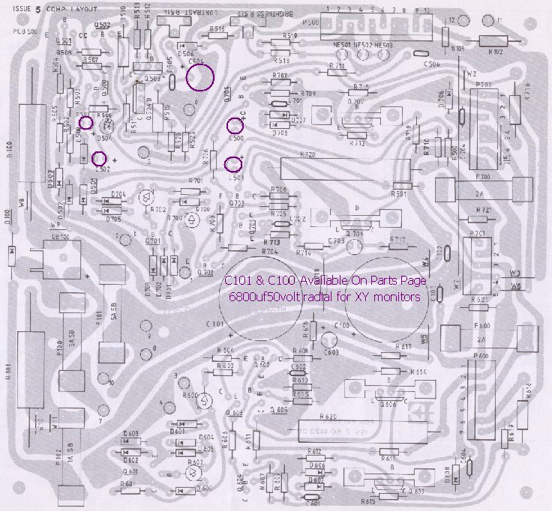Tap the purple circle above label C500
[235, 126]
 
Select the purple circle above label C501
[234, 163]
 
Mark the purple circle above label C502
[98, 158]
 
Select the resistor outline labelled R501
[402, 185]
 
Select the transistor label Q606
[387, 403]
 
